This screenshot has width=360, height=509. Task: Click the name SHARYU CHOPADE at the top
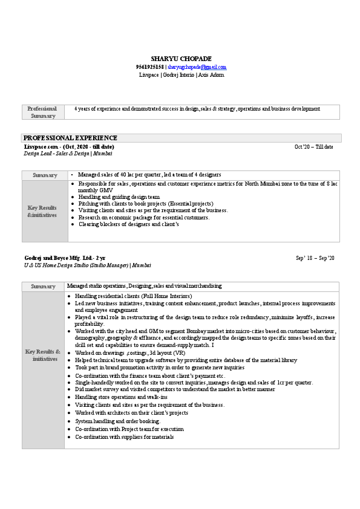[x=181, y=58]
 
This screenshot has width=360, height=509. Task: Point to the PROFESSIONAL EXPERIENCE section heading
[x=70, y=138]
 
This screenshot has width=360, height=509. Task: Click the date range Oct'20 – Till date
[x=313, y=147]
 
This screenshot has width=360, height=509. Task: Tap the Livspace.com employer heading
[x=68, y=147]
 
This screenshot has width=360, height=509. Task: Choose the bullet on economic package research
[x=144, y=217]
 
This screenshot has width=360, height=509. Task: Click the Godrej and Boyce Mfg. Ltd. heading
[x=64, y=258]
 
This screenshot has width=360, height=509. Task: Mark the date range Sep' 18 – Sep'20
[x=315, y=258]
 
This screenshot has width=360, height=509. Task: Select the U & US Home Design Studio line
[x=88, y=265]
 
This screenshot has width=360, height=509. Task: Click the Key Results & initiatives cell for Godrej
[x=43, y=355]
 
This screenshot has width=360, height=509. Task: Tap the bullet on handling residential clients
[x=133, y=296]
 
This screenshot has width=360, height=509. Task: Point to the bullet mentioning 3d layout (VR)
[x=130, y=352]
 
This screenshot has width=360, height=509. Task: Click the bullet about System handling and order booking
[x=117, y=421]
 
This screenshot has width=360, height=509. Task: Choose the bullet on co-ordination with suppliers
[x=124, y=436]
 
